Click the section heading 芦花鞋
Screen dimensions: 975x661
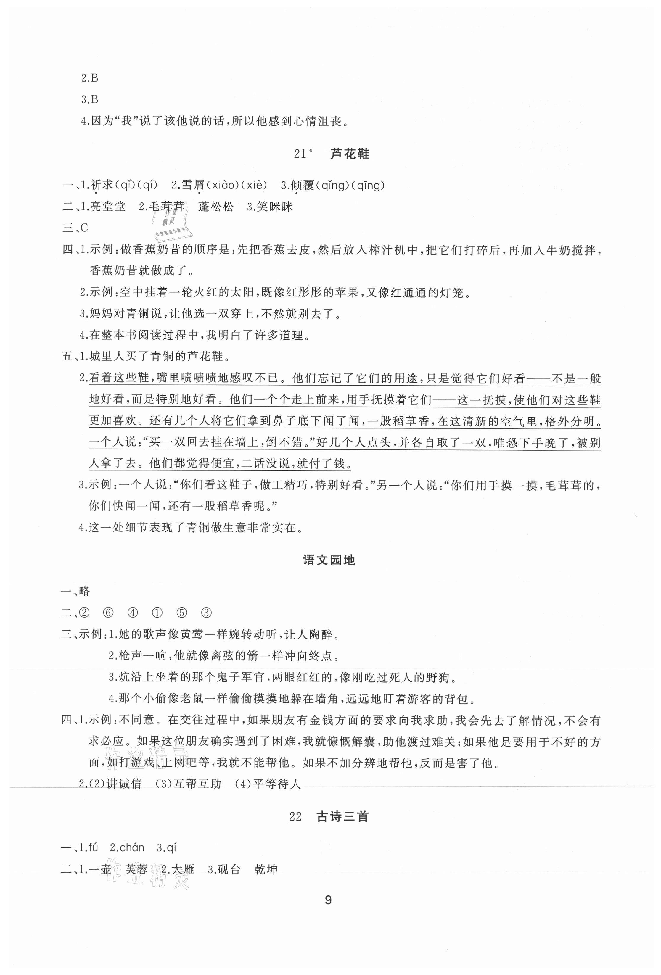coord(350,154)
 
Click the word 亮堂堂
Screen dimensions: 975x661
coord(108,207)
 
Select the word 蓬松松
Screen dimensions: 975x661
coord(216,207)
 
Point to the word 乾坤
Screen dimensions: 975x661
coord(266,869)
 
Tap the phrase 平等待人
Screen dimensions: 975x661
coord(277,783)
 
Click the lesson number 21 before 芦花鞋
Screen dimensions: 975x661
coord(300,154)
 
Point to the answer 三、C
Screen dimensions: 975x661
coord(75,228)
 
